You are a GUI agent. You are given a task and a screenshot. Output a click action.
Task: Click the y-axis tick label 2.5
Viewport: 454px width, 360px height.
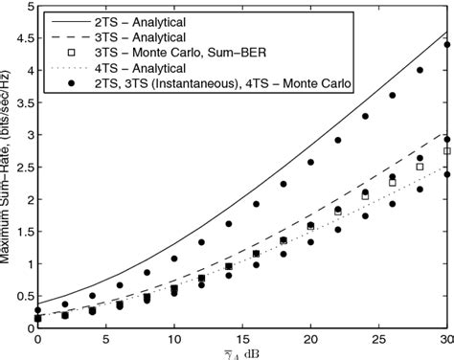[22, 167]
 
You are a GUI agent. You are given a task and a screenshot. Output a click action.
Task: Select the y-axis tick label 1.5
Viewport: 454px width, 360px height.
[22, 231]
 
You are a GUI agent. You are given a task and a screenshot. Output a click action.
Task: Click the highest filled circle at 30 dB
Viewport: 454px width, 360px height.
[447, 44]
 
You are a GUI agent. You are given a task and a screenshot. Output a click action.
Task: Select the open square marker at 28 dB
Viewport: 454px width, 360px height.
[420, 166]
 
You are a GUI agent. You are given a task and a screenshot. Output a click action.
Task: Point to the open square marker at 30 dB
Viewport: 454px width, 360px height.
[447, 151]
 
